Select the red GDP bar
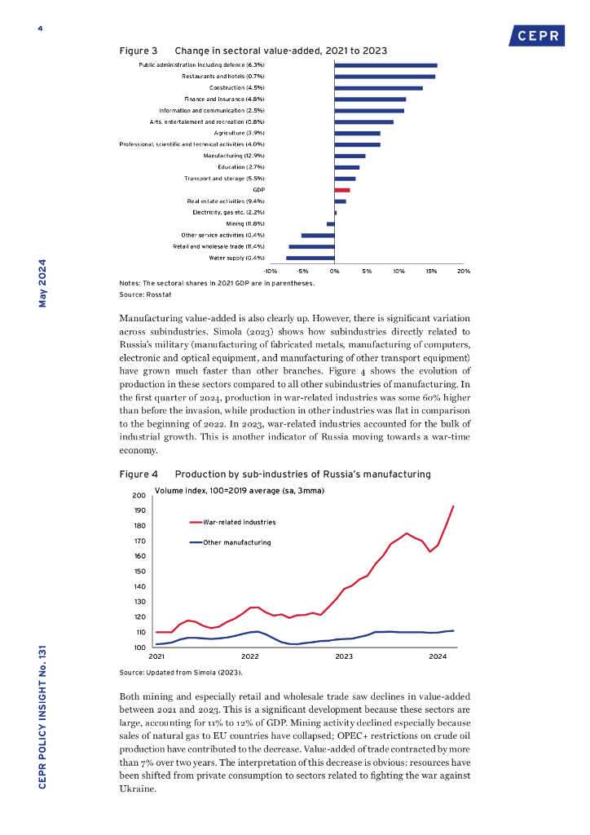click(x=342, y=189)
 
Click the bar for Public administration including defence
click(x=385, y=64)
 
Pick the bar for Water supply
click(x=310, y=258)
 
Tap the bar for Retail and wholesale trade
click(x=312, y=246)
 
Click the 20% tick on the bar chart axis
click(x=463, y=270)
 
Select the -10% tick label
click(x=271, y=270)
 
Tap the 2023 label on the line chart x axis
click(x=344, y=656)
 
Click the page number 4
click(x=39, y=29)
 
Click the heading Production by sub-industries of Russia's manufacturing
click(x=302, y=474)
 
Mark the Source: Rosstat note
click(x=143, y=293)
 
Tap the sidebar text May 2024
click(x=42, y=284)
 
